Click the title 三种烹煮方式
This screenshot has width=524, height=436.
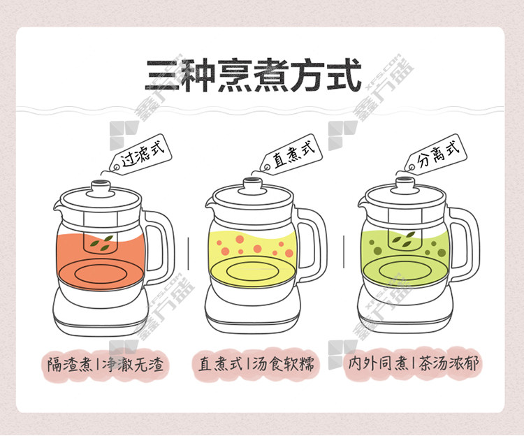pos(253,75)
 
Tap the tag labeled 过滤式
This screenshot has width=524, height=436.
pos(141,154)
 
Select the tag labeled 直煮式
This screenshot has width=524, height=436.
pos(291,154)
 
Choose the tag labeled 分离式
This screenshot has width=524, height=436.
pos(435,154)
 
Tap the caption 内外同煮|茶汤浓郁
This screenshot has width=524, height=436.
pos(414,363)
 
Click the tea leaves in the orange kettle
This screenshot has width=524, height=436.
pos(102,243)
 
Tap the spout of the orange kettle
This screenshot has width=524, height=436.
pos(58,205)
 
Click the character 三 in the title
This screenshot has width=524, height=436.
pos(162,76)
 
